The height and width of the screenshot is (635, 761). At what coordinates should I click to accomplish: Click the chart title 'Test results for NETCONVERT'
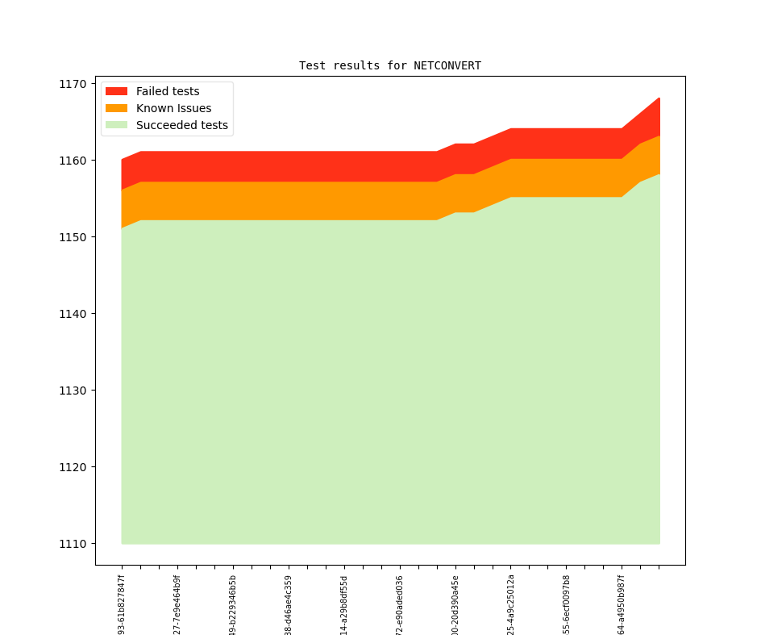tap(390, 65)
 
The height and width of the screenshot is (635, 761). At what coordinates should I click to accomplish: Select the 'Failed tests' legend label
tap(168, 91)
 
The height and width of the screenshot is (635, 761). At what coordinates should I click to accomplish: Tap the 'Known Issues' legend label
tap(173, 108)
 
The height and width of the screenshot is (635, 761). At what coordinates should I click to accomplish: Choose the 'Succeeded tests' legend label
tap(181, 125)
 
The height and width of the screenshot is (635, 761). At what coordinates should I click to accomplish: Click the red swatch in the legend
tap(116, 91)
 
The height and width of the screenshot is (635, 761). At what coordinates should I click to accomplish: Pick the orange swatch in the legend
tap(116, 108)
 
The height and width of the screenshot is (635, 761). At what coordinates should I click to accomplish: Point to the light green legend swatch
tap(116, 125)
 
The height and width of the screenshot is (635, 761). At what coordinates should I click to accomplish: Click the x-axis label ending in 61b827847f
tap(122, 604)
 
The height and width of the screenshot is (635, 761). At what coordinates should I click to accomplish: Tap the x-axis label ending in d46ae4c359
tap(289, 604)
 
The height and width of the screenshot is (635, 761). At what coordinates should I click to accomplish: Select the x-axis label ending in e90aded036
tap(400, 604)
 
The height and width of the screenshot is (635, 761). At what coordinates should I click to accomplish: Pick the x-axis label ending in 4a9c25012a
tap(511, 604)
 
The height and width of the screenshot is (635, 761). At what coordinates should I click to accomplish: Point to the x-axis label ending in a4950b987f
tap(622, 604)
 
